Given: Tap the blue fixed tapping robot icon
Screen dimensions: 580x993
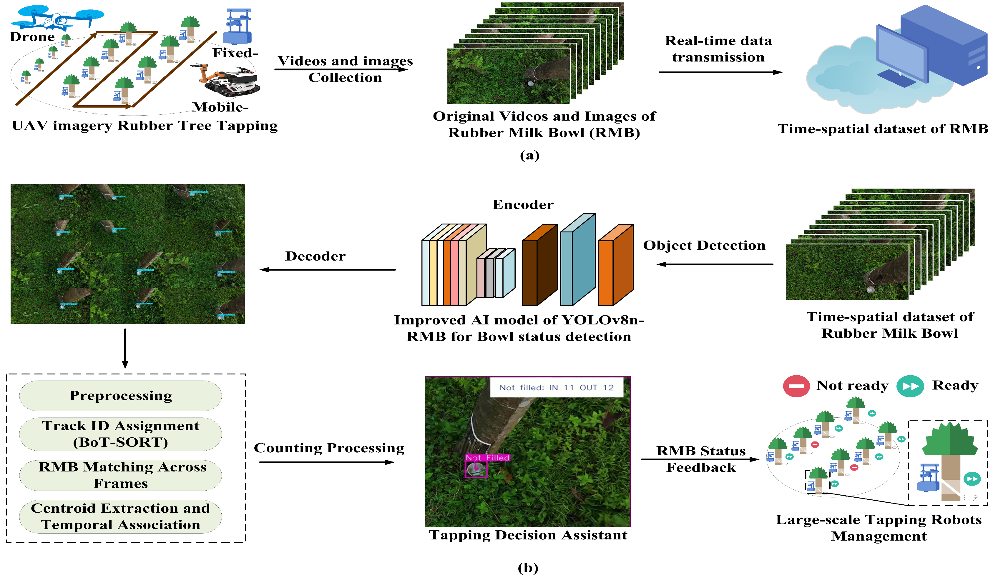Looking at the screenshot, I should tap(237, 27).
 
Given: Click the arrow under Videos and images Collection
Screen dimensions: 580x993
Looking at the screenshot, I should tap(341, 70).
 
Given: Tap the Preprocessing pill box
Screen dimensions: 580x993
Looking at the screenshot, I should tap(121, 396).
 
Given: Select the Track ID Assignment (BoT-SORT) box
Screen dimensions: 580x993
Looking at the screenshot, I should tap(121, 434).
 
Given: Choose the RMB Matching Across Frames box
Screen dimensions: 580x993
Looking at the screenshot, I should tap(121, 475).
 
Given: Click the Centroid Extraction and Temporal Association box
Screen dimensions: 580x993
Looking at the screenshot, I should tap(121, 516).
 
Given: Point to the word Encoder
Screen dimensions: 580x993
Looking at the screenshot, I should tap(523, 205).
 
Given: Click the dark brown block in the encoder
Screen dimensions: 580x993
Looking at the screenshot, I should tap(539, 266).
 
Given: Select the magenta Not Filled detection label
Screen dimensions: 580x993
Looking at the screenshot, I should tap(487, 458).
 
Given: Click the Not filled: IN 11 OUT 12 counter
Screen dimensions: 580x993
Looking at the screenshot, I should tap(557, 387).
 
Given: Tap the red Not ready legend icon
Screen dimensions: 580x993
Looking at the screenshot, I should tap(796, 386).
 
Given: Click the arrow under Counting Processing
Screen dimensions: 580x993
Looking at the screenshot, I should tap(327, 462).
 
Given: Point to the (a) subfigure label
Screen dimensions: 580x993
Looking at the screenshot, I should tap(529, 156).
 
